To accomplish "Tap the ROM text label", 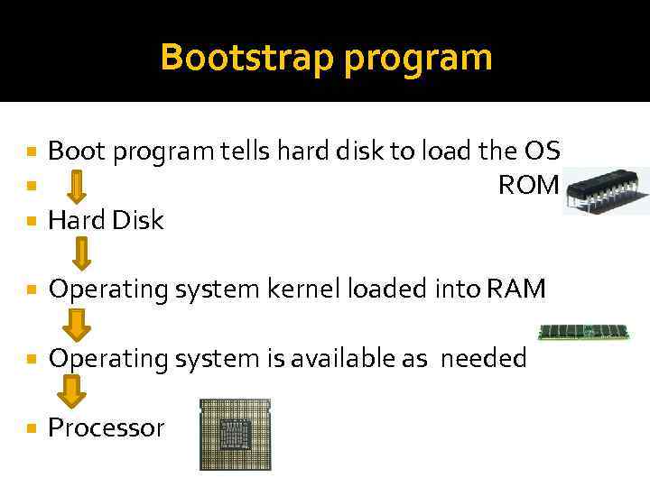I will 529,186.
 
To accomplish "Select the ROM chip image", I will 604,190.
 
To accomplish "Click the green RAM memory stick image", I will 583,332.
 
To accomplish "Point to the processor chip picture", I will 235,435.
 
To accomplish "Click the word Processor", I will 107,427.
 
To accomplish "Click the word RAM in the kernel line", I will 515,289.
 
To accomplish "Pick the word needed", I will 482,359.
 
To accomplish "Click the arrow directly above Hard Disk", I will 78,187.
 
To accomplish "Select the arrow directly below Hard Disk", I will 81,253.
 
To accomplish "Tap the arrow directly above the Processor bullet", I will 71,391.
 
